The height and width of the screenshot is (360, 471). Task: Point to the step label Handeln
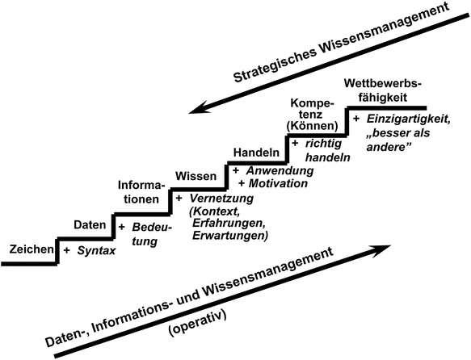[x=256, y=153]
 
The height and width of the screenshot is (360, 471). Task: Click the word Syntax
[x=97, y=251]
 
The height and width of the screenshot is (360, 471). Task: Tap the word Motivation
[x=278, y=183]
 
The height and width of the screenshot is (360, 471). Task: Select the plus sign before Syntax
[x=66, y=251]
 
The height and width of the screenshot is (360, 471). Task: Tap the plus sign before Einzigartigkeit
[x=356, y=119]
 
